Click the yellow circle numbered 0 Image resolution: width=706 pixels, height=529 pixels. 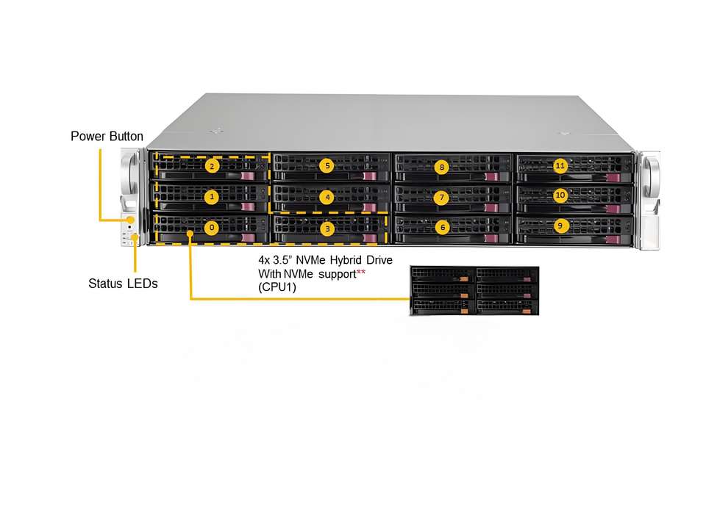(x=212, y=228)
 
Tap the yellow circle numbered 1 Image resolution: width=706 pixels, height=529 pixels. (x=212, y=197)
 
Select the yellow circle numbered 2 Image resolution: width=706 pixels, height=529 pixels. (x=212, y=166)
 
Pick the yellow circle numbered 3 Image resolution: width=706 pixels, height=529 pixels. (x=328, y=229)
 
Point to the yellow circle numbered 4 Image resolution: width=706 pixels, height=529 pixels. (x=328, y=197)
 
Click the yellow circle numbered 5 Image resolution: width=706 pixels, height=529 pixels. (x=328, y=165)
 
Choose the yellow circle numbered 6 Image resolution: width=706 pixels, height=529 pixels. (x=442, y=228)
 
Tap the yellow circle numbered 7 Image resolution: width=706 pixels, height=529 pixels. (x=442, y=197)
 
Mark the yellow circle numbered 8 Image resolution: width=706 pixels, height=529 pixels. (x=442, y=167)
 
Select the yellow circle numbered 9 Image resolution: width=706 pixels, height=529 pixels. (x=560, y=226)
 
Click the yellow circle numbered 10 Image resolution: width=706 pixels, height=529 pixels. (x=560, y=195)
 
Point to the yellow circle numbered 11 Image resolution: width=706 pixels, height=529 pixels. (x=560, y=165)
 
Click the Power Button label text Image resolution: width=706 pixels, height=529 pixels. (x=107, y=137)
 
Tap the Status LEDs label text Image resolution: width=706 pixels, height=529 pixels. (x=123, y=283)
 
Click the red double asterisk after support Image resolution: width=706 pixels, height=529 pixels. (x=360, y=274)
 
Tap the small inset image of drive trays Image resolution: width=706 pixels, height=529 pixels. (x=474, y=292)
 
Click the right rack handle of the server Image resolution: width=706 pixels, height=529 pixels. (x=650, y=198)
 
